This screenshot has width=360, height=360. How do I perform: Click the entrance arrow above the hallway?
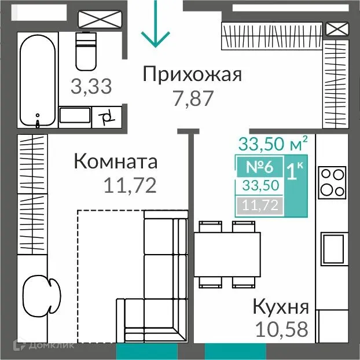tap(155, 26)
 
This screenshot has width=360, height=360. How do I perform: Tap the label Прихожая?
tap(191, 75)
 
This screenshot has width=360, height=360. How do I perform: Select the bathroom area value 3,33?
tap(91, 87)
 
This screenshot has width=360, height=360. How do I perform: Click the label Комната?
tap(115, 161)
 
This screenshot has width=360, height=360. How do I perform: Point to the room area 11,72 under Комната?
tap(130, 185)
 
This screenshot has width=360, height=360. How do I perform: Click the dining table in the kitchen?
tap(226, 254)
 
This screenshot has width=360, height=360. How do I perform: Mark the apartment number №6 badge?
tap(259, 167)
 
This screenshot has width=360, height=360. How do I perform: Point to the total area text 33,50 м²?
tap(273, 142)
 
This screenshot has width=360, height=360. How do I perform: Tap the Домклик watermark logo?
tap(43, 346)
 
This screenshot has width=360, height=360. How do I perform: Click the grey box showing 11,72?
tap(259, 204)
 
